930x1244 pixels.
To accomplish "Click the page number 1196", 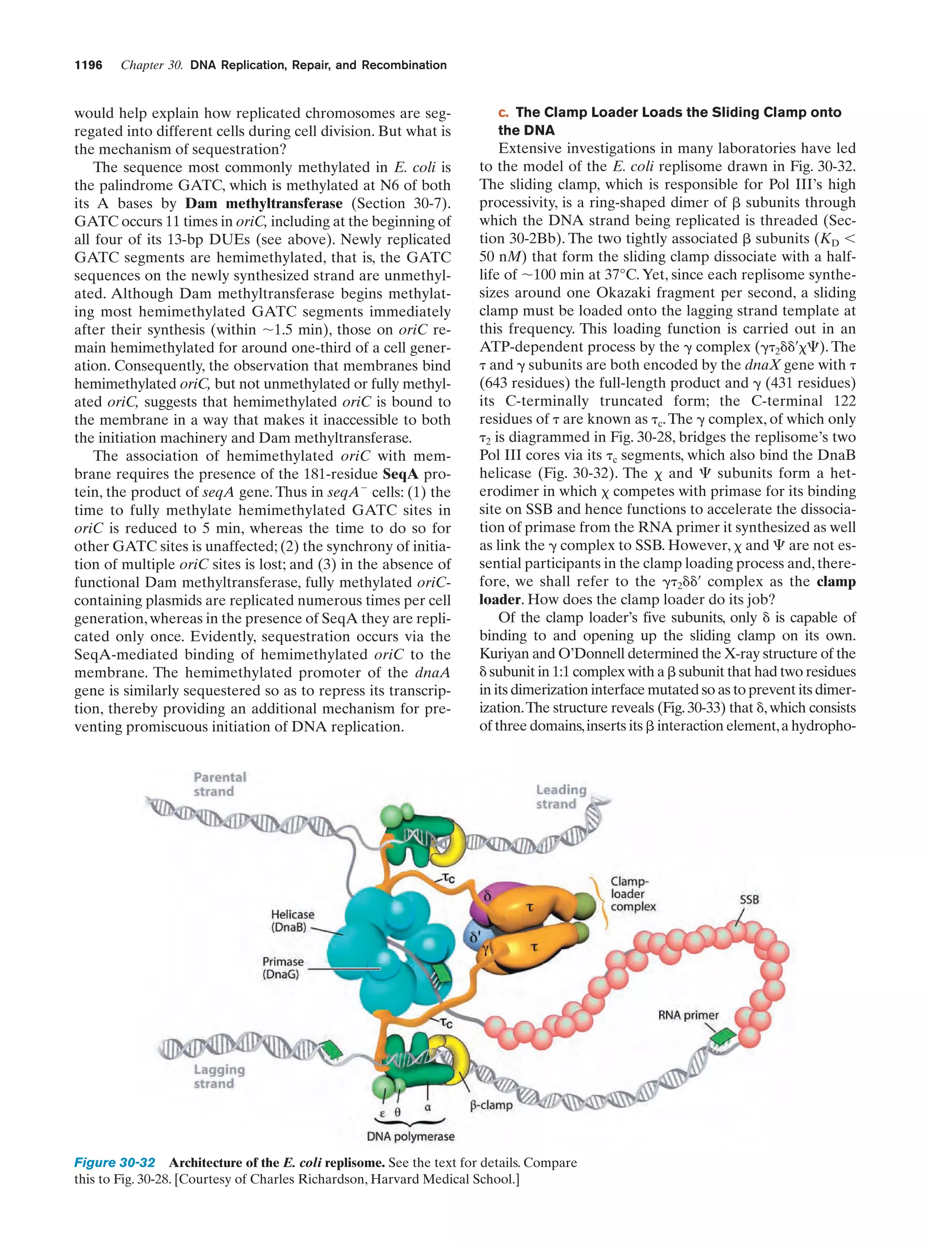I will tap(89, 65).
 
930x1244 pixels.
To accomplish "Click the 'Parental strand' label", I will tap(219, 784).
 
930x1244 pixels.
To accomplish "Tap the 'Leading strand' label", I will tap(560, 797).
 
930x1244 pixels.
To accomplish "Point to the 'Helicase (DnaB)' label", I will tap(292, 920).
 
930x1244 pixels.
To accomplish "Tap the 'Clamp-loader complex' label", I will tap(633, 894).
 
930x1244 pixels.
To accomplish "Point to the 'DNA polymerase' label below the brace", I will tap(410, 1136).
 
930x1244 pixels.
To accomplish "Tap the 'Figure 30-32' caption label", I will tap(114, 1162).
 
